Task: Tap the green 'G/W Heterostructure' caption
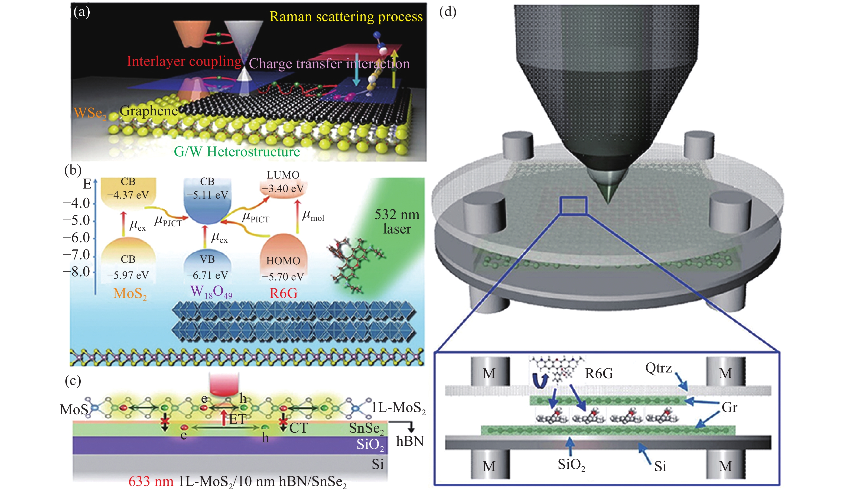(237, 152)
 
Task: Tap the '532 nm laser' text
(397, 222)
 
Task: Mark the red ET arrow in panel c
(224, 417)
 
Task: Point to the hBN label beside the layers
(410, 442)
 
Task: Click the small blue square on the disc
(573, 206)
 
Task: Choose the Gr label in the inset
(729, 407)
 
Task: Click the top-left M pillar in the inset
(490, 372)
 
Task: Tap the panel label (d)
(447, 12)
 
